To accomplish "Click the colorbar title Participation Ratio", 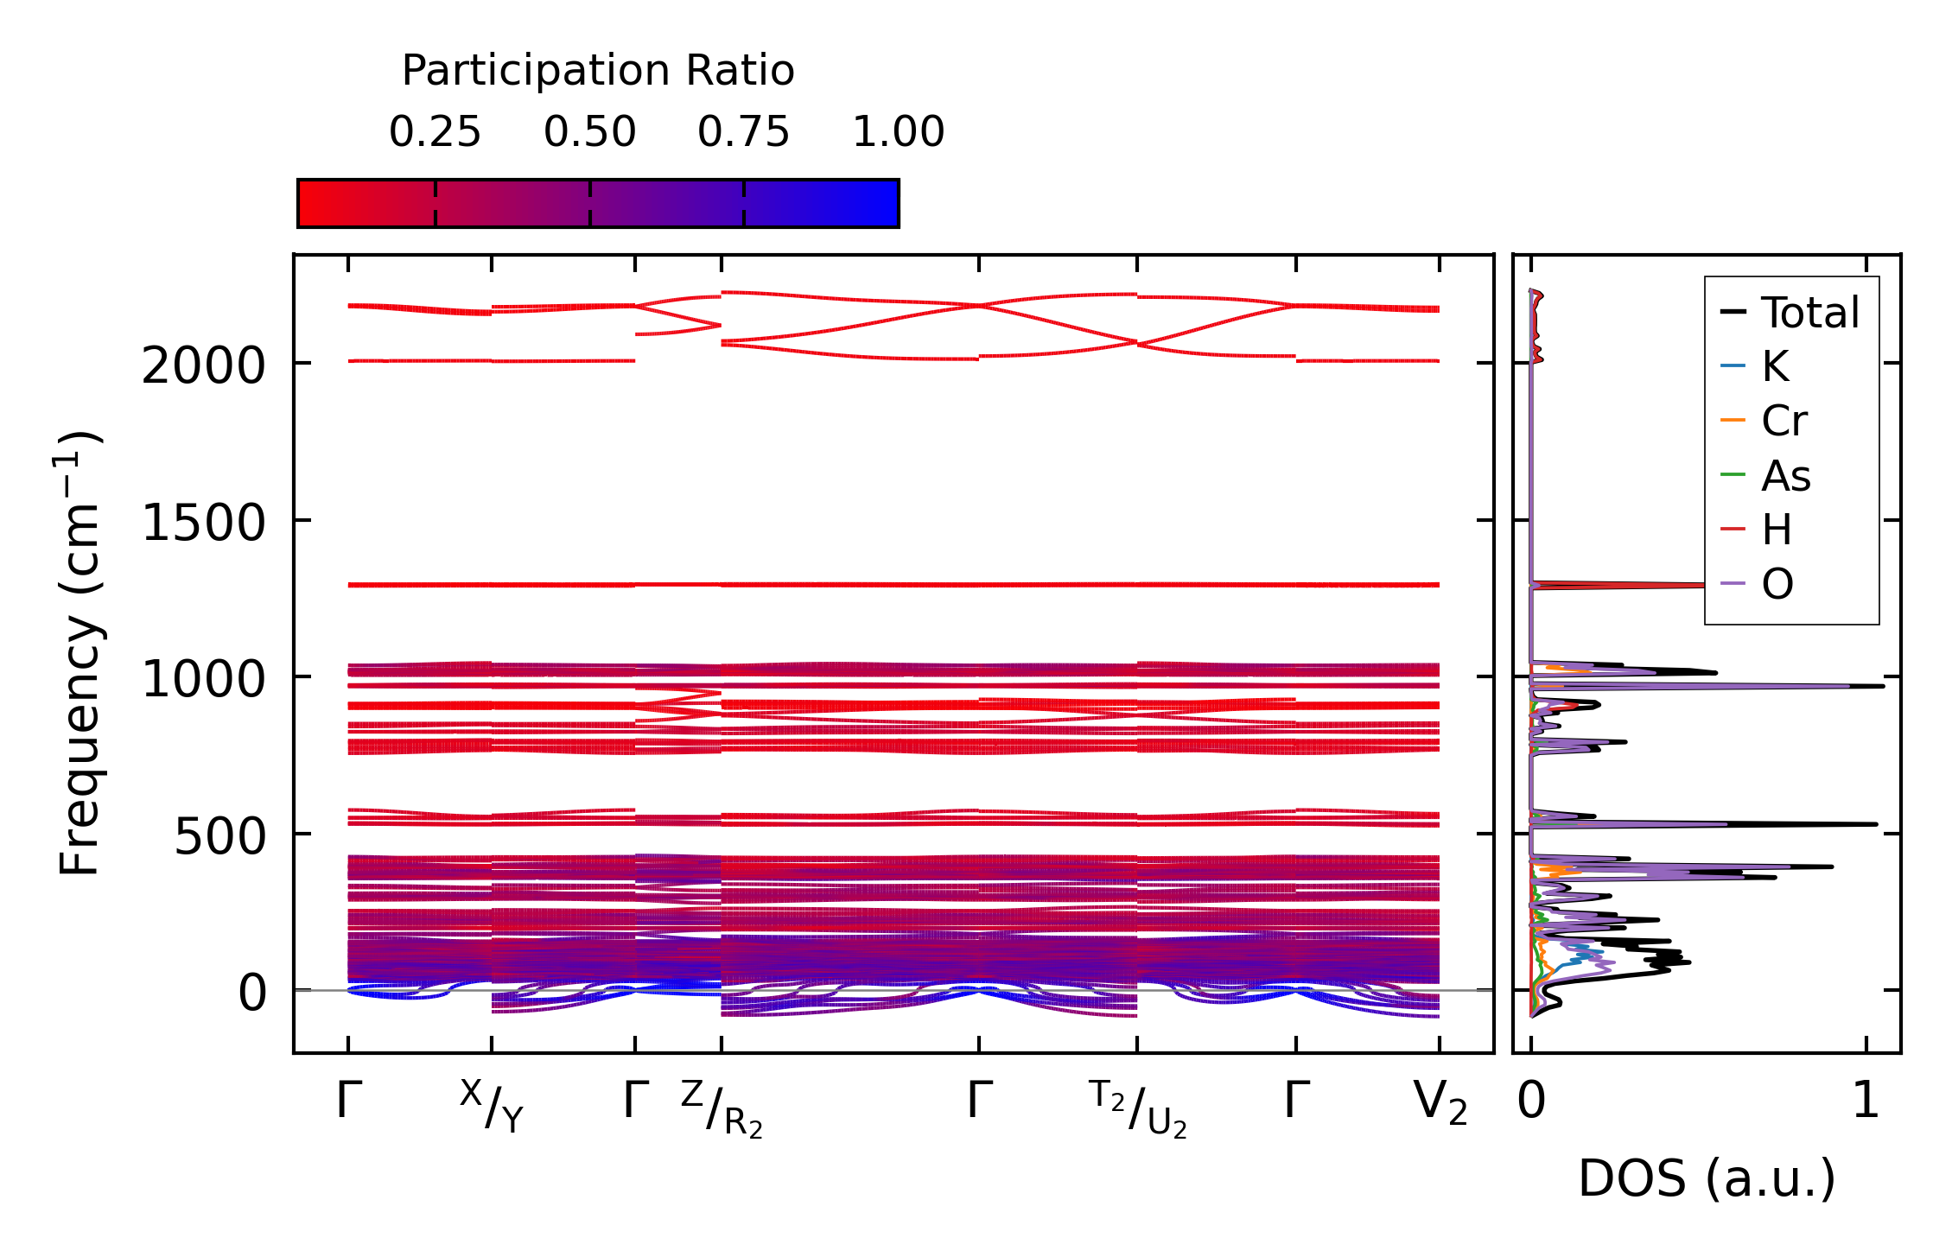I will click(597, 71).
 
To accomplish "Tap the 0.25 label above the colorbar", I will click(435, 132).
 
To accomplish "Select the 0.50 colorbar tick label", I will click(589, 132).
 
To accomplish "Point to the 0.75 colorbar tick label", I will click(743, 132).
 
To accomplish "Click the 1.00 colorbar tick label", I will click(898, 132).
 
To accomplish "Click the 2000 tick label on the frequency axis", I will click(203, 366).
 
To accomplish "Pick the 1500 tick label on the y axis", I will click(203, 524).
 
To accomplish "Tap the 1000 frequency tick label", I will click(203, 680).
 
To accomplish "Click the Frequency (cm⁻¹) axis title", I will click(79, 653).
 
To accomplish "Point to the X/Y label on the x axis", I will click(492, 1105).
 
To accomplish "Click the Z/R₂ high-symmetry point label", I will click(722, 1108).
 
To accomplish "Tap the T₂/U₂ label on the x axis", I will click(1137, 1108).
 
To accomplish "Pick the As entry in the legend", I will click(1785, 476).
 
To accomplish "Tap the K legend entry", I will click(1775, 367).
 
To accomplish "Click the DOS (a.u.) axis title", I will click(1707, 1179).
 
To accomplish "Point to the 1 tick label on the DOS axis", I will click(1866, 1101).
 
